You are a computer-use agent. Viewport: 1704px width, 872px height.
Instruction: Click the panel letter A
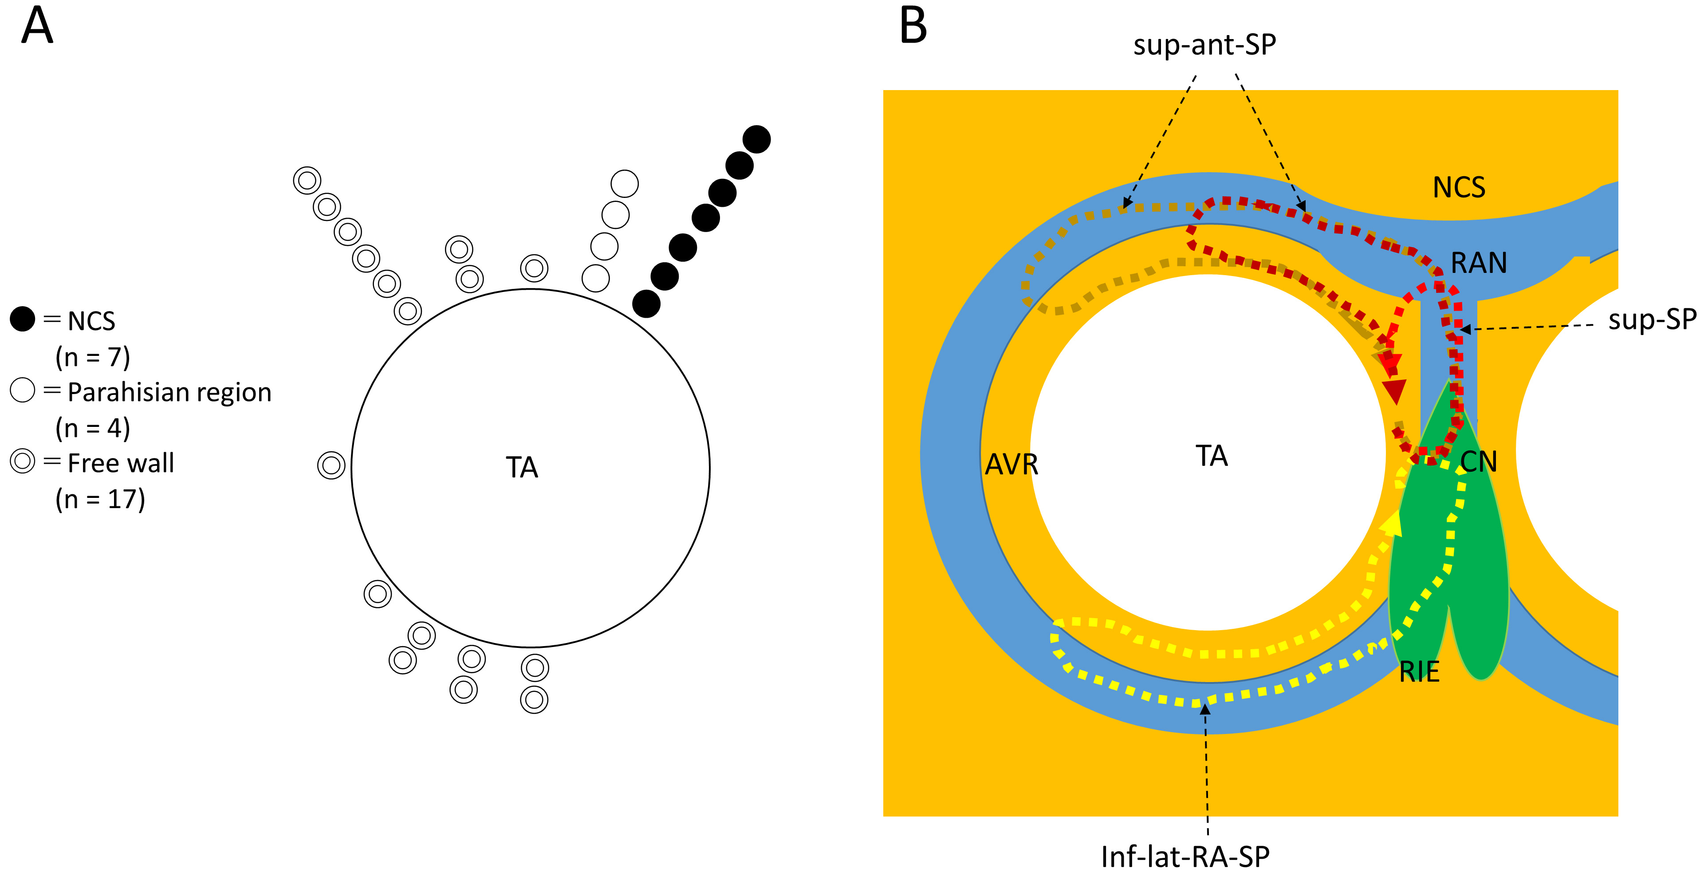click(x=37, y=27)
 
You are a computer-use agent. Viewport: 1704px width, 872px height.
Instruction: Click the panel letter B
click(x=913, y=27)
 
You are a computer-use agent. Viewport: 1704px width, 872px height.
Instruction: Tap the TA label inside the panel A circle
click(x=522, y=468)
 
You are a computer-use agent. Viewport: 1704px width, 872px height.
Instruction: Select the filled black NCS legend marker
click(x=23, y=320)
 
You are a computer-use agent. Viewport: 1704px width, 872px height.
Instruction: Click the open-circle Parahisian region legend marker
click(x=23, y=391)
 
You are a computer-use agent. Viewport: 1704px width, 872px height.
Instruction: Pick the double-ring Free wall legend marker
click(x=23, y=461)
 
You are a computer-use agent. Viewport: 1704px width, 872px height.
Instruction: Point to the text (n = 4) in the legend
click(x=93, y=428)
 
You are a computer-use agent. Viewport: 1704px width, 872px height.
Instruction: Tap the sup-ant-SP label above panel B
click(x=1204, y=45)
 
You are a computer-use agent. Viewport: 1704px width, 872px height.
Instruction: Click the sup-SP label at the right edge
click(x=1652, y=320)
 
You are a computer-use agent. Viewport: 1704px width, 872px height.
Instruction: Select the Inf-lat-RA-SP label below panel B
click(x=1185, y=857)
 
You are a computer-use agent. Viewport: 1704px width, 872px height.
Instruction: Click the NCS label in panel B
click(x=1459, y=188)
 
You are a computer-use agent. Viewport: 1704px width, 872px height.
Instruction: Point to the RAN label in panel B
click(x=1479, y=263)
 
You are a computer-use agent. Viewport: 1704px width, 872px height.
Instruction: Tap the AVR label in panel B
click(x=1011, y=465)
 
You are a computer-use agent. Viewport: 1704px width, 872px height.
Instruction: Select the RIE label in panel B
click(x=1420, y=672)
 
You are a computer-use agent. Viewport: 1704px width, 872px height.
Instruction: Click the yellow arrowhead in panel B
click(x=1391, y=523)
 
